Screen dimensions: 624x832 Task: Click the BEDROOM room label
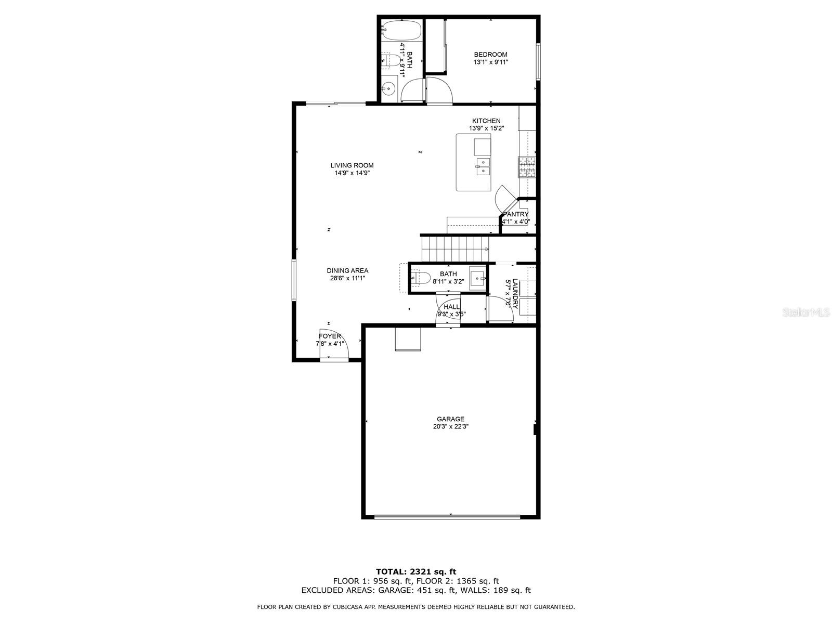click(x=490, y=55)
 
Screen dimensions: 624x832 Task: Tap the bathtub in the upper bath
click(x=401, y=30)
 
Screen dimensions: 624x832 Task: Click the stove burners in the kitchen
click(x=527, y=167)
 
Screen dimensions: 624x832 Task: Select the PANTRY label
click(x=516, y=214)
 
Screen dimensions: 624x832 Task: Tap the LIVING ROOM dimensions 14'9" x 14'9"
click(x=352, y=173)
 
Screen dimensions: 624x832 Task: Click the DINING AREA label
click(x=347, y=270)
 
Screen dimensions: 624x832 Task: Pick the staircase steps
click(x=455, y=249)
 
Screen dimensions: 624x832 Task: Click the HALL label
click(x=451, y=307)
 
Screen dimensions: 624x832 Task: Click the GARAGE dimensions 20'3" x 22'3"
click(x=450, y=426)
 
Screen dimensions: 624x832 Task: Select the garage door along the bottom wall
click(x=447, y=517)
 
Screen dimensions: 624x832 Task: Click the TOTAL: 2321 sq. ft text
click(x=416, y=571)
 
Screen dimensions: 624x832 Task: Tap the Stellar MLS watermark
click(x=807, y=313)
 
